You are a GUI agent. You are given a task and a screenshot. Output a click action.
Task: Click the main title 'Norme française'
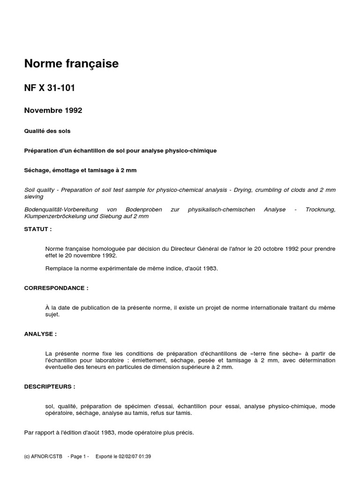[x=71, y=64]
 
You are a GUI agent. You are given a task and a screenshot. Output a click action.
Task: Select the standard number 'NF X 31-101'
[x=50, y=88]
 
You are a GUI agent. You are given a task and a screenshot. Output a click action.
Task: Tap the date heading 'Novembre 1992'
[x=53, y=111]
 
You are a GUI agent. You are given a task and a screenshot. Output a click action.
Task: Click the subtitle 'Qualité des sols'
[x=47, y=131]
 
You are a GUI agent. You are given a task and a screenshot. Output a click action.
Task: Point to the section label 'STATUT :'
[x=38, y=229]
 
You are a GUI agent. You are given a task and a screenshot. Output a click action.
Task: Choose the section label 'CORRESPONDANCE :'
[x=56, y=288]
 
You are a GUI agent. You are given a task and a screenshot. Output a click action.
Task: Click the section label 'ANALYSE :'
[x=40, y=334]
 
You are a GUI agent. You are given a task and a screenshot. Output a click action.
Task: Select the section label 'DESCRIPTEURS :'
[x=50, y=387]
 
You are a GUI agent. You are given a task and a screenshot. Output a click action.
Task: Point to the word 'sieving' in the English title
[x=34, y=197]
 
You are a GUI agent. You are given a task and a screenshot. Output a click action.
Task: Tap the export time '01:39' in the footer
[x=144, y=456]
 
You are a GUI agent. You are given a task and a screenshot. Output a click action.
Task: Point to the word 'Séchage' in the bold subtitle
[x=37, y=170]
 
